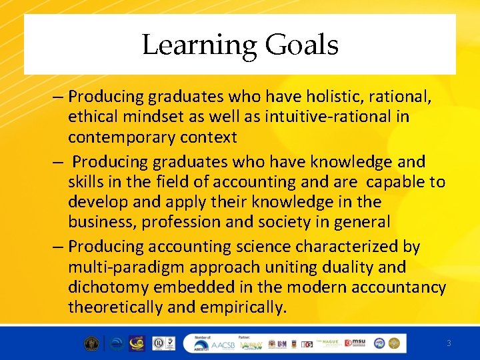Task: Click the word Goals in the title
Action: click(302, 45)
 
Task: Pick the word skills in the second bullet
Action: click(84, 181)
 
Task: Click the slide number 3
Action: click(449, 343)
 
